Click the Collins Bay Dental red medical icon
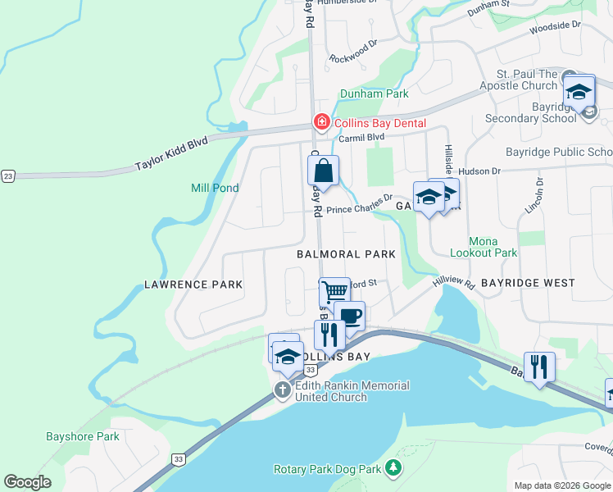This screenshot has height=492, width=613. (321, 123)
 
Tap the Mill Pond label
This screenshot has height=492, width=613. (215, 188)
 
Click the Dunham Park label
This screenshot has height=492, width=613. (374, 93)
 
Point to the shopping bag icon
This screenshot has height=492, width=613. (324, 172)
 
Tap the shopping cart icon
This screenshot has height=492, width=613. (334, 291)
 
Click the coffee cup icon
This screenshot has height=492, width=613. (350, 316)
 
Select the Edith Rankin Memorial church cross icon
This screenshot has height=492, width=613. (283, 389)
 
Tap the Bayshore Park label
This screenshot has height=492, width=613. (83, 436)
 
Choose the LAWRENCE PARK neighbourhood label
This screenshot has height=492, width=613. (193, 285)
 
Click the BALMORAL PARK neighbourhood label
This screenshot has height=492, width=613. (346, 254)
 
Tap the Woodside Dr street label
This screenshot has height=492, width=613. (554, 26)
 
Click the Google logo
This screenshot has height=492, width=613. (27, 482)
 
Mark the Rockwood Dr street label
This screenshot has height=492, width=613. (352, 58)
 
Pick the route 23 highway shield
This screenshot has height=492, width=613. (8, 175)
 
